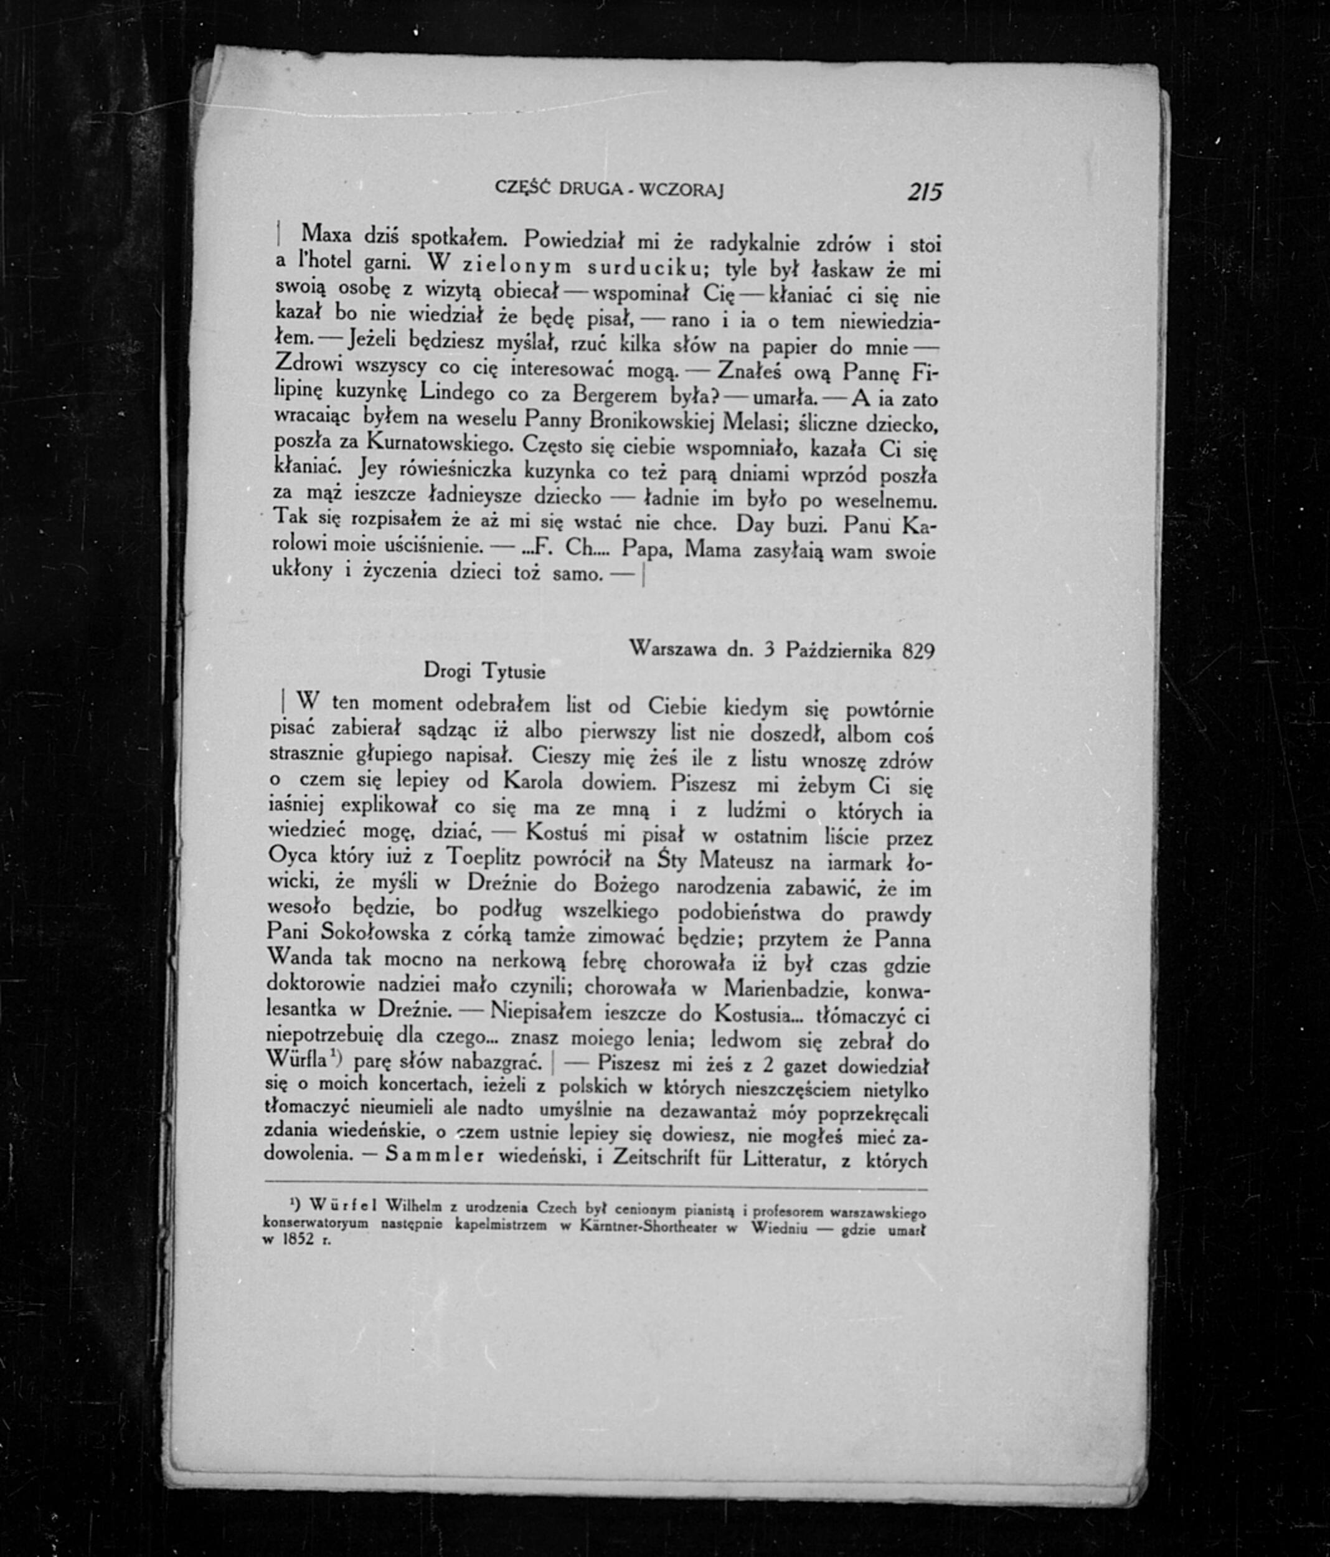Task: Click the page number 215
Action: click(x=923, y=193)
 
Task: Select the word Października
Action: click(x=839, y=650)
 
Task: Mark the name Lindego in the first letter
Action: click(x=456, y=392)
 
